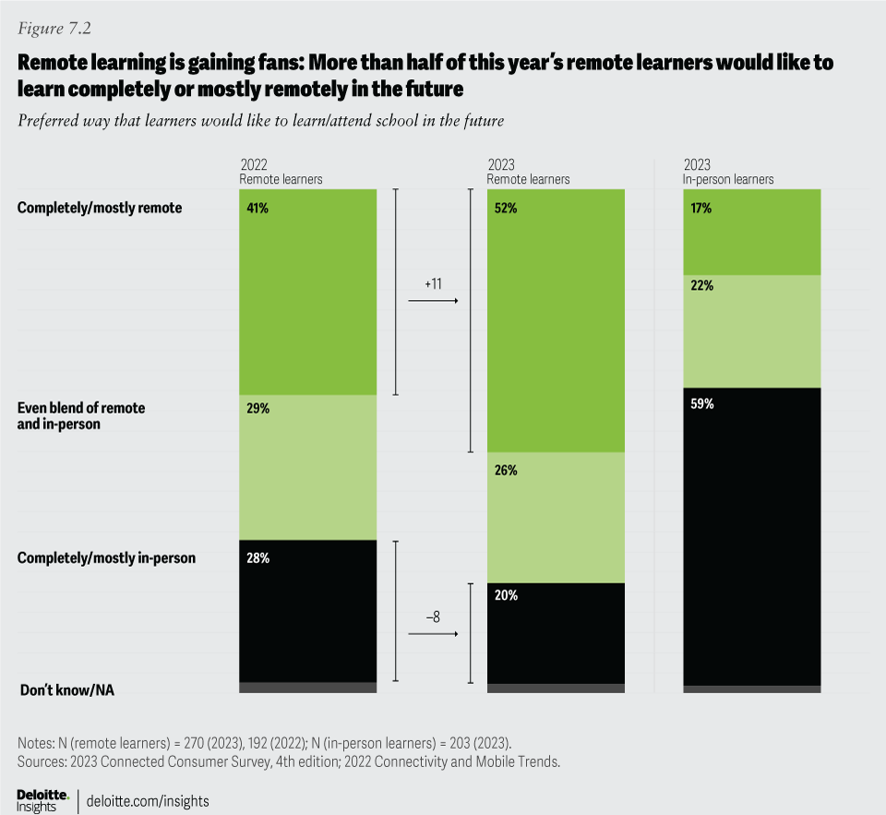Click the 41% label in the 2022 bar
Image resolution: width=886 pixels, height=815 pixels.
[x=258, y=209]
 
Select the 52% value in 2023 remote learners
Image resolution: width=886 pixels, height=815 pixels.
[x=507, y=209]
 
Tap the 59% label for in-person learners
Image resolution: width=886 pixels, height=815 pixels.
[x=702, y=404]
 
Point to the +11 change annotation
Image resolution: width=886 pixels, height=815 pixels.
[x=434, y=284]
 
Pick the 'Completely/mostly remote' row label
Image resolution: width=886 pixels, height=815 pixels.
[x=100, y=208]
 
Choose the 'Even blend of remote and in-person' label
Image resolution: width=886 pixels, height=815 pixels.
[x=81, y=416]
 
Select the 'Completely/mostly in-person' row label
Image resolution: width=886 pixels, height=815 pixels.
[x=106, y=557]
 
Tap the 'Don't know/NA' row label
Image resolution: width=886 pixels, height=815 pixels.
[x=66, y=689]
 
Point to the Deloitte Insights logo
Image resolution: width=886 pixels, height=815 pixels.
[x=42, y=800]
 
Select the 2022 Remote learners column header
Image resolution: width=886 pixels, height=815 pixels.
[x=281, y=173]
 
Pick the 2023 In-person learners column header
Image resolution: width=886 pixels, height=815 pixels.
[x=728, y=173]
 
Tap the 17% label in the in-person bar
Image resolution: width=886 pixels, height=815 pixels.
[x=702, y=209]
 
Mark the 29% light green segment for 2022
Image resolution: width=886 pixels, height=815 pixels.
[x=307, y=467]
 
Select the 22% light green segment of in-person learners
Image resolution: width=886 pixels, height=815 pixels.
[x=752, y=331]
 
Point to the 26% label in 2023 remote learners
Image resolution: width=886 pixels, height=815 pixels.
[x=507, y=471]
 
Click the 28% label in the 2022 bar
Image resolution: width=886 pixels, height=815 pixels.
[x=258, y=558]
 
